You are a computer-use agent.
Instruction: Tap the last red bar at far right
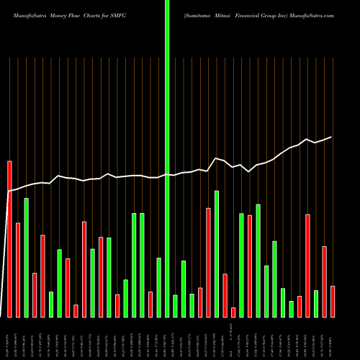point(333,302)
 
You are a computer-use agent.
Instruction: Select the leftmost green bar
point(26,258)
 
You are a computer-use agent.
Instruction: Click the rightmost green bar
point(316,303)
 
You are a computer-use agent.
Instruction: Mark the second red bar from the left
point(18,270)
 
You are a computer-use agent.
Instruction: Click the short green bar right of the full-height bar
point(175,306)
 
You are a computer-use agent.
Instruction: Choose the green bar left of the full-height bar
point(158,287)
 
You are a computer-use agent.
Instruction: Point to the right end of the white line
point(332,137)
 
